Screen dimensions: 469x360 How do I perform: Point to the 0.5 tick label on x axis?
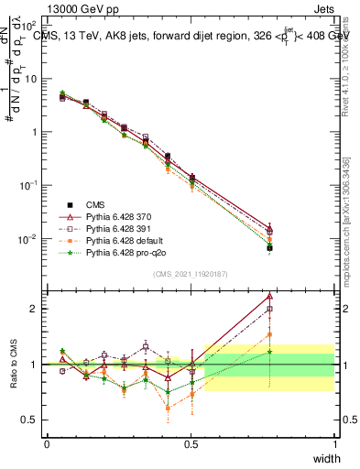pos(191,443)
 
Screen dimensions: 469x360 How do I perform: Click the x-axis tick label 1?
pos(334,443)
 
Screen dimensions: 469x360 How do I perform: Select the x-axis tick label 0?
pos(47,443)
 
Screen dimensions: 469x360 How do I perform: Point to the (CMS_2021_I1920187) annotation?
pos(191,272)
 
